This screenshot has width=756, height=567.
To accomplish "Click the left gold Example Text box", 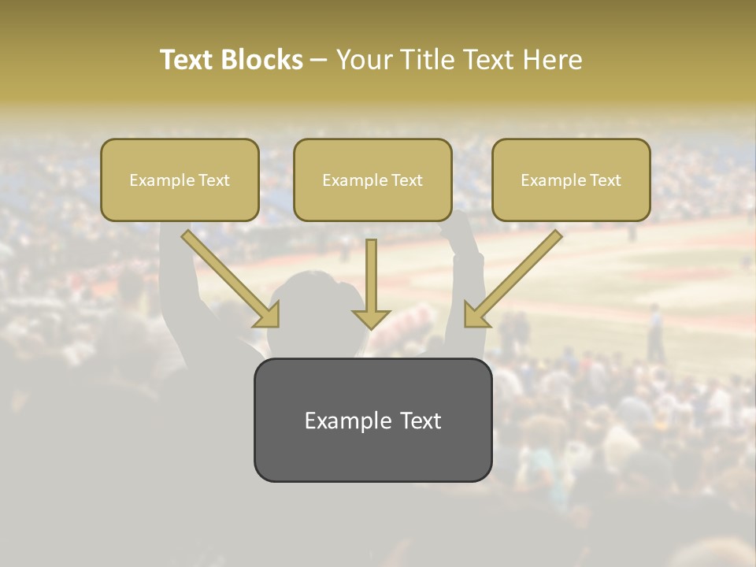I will pyautogui.click(x=180, y=180).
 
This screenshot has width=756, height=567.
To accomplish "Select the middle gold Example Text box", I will pyautogui.click(x=372, y=180).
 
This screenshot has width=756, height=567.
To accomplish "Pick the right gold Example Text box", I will pyautogui.click(x=571, y=180).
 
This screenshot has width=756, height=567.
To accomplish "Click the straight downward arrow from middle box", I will pyautogui.click(x=372, y=276).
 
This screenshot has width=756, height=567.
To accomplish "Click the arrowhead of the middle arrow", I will pyautogui.click(x=372, y=319).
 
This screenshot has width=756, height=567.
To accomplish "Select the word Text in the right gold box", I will pyautogui.click(x=606, y=180).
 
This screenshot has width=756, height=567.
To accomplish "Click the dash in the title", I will pyautogui.click(x=319, y=61).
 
